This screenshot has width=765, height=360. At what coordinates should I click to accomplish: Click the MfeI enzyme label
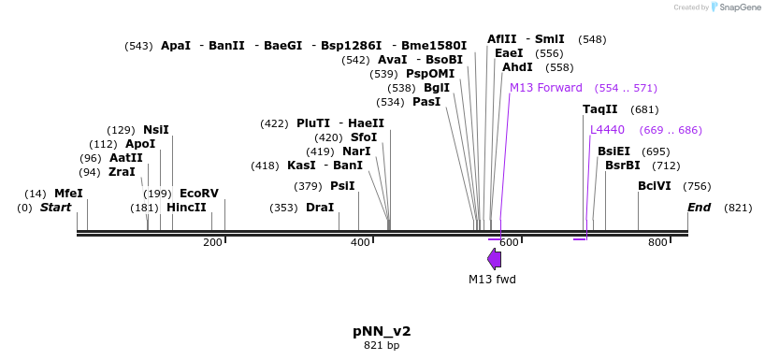68,194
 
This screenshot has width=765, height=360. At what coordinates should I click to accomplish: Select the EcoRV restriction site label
198,194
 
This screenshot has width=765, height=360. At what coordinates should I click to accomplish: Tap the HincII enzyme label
186,208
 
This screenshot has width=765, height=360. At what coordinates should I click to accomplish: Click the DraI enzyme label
320,208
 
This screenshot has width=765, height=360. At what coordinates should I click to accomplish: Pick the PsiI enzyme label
342,186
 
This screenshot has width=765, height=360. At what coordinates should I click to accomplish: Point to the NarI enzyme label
356,151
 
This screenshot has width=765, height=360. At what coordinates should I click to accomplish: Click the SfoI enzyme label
363,137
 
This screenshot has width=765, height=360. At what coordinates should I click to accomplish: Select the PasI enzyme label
426,102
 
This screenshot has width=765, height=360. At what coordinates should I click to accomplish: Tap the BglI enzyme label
437,88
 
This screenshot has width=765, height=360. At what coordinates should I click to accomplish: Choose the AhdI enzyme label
517,67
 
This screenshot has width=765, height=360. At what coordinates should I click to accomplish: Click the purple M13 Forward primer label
545,88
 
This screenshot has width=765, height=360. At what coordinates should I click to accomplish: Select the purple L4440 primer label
607,130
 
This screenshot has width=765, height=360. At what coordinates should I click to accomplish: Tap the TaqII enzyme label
599,109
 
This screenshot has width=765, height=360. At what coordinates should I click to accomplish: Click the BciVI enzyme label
654,186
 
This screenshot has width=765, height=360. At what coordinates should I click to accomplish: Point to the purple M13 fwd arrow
494,259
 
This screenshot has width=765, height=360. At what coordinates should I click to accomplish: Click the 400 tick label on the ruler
360,243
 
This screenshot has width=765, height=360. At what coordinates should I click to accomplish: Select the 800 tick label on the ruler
657,243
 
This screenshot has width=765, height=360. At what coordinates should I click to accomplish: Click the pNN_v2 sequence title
382,331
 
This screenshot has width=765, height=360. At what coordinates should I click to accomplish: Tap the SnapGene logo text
739,7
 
